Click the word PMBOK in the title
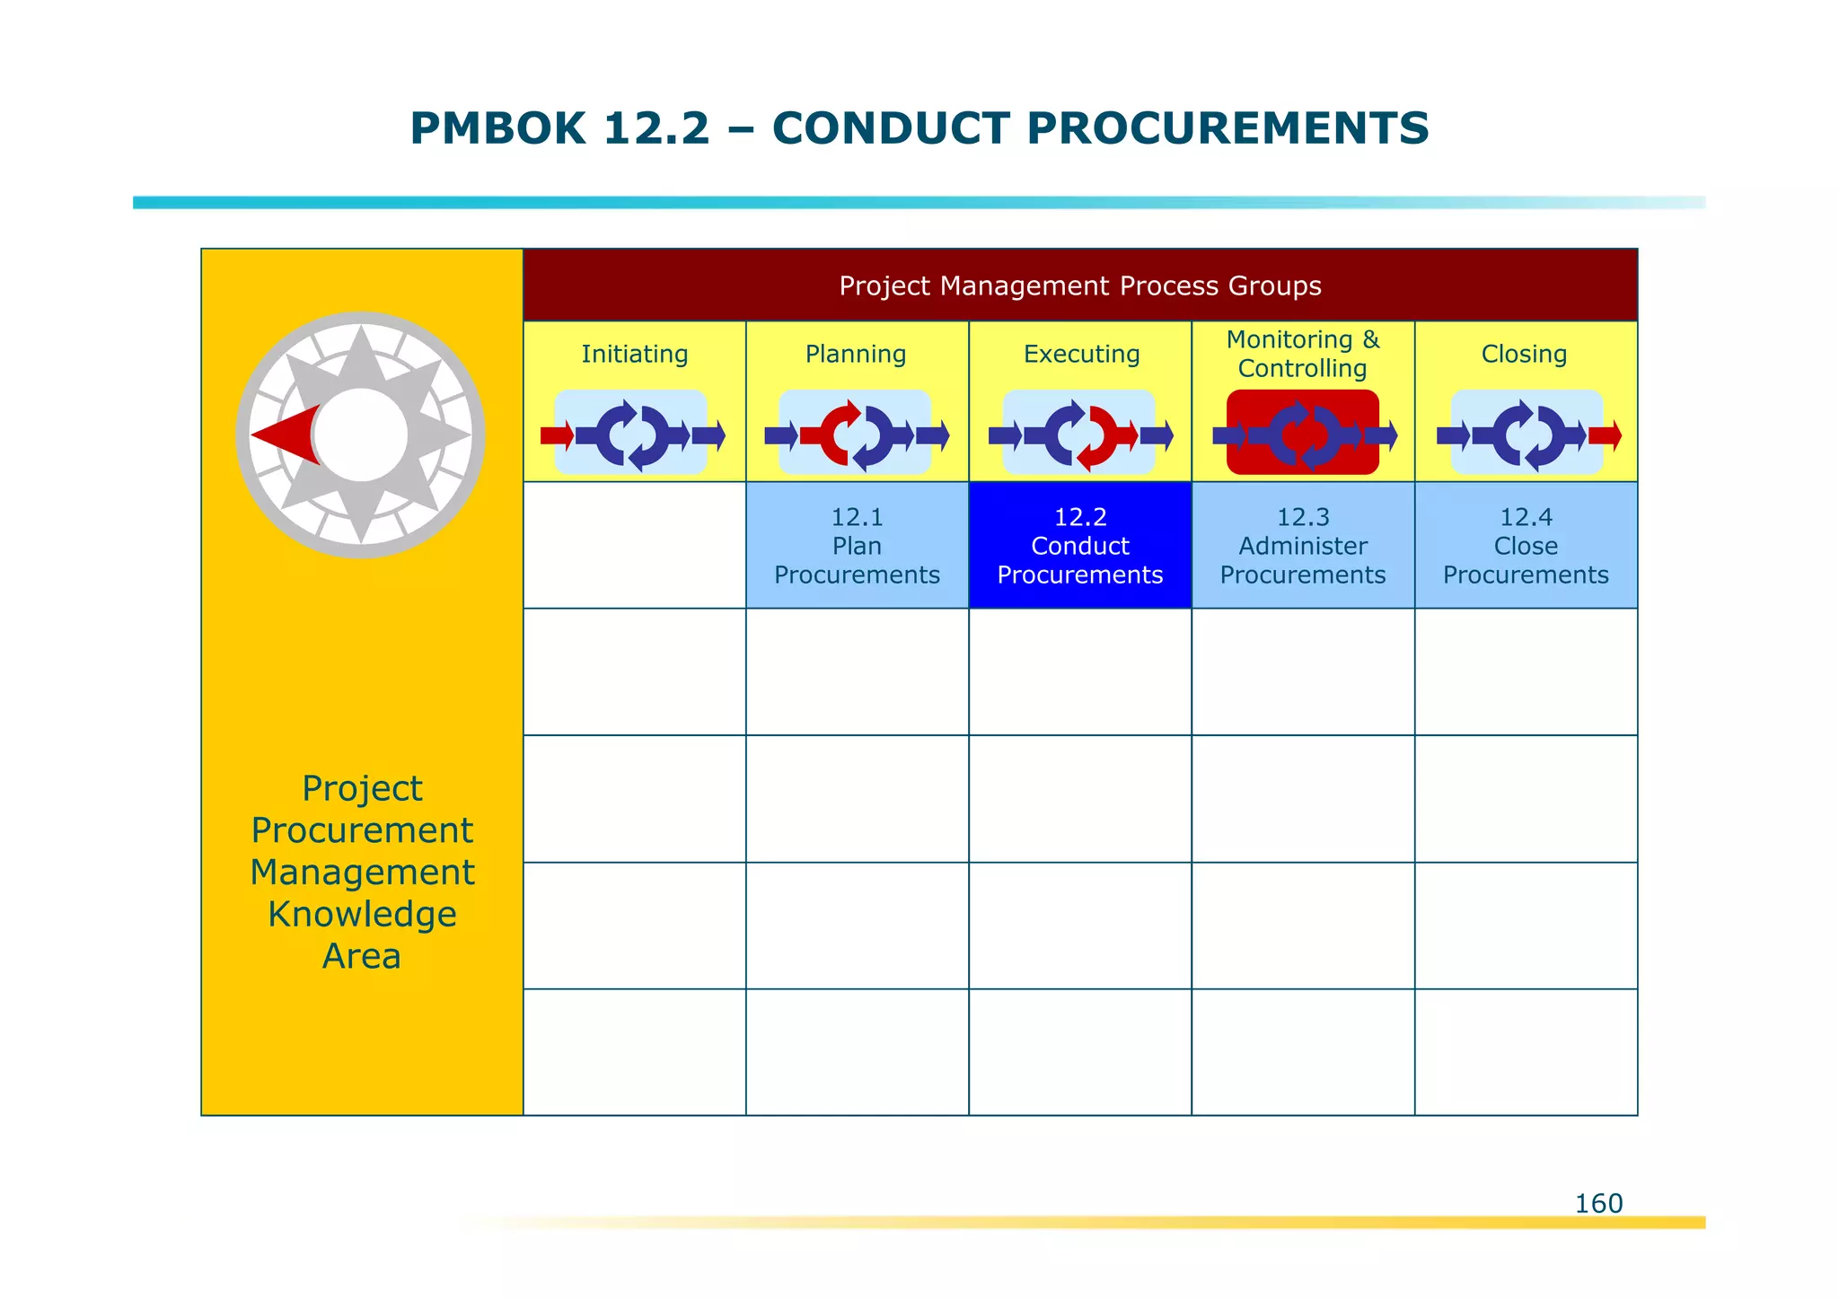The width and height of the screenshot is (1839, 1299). tap(497, 128)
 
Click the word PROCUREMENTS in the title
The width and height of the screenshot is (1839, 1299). tap(1227, 128)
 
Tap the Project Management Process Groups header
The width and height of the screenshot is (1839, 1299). tap(1079, 285)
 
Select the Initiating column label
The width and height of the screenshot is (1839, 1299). tap(634, 354)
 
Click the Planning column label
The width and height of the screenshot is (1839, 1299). tap(856, 354)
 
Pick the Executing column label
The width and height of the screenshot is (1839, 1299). tap(1081, 354)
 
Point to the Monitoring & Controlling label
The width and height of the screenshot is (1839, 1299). tap(1302, 354)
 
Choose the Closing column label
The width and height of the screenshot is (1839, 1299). tap(1524, 354)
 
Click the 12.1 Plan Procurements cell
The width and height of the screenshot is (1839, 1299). tap(857, 546)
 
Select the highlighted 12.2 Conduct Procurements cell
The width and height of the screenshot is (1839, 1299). tap(1079, 546)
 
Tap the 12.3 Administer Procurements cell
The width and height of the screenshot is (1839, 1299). tap(1302, 546)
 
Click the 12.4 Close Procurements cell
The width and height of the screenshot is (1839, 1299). tap(1526, 546)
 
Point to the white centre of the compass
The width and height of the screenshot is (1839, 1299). tap(361, 434)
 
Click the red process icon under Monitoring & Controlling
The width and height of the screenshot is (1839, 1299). tap(1302, 434)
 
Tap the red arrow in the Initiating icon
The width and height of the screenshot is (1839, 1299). tap(557, 436)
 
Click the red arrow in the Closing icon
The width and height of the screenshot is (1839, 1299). tap(1605, 436)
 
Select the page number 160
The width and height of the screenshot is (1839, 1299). tap(1598, 1203)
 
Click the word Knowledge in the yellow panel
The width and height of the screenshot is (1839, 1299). tap(362, 914)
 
